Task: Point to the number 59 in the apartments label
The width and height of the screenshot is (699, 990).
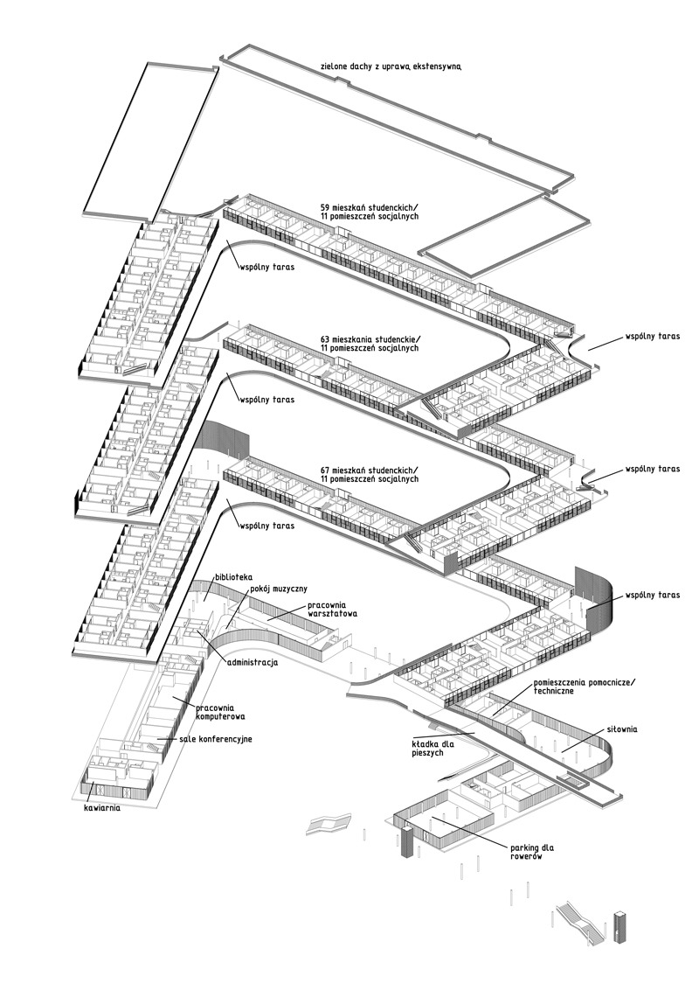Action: (325, 208)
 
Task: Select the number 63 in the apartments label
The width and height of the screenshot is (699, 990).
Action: (325, 339)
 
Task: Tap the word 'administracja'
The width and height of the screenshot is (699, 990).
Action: (252, 663)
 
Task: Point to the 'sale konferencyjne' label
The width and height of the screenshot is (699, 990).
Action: (215, 739)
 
